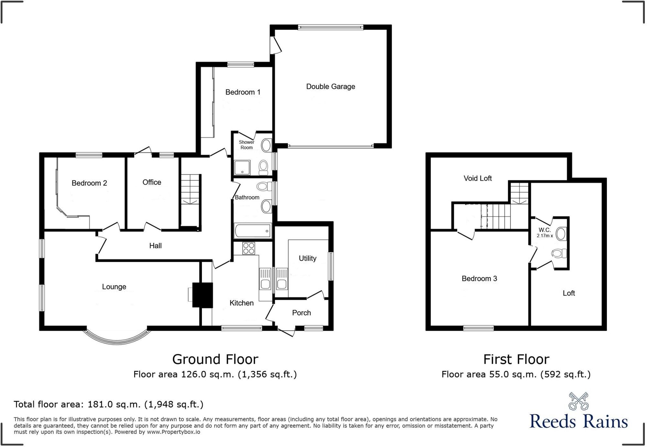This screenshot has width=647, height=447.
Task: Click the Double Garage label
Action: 331,86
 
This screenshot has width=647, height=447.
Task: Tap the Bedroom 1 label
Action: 243,92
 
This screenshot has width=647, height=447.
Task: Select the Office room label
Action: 152,182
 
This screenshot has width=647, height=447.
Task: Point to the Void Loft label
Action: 477,178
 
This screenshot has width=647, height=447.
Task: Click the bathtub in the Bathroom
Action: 253,231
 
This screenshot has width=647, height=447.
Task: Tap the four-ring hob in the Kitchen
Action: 248,248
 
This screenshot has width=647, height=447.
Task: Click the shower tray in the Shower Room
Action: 242,167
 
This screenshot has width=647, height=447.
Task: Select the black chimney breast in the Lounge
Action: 203,295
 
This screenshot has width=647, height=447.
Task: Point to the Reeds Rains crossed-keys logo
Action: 578,401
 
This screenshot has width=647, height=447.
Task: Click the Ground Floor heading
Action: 215,359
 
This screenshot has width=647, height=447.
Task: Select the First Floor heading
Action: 516,359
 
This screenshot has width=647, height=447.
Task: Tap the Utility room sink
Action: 281,279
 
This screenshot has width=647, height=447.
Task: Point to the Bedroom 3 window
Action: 478,328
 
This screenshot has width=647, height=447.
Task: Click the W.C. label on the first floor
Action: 544,230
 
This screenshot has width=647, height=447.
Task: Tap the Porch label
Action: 302,313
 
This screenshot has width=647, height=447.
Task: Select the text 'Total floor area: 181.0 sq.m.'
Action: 77,404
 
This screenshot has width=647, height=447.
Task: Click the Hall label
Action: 155,246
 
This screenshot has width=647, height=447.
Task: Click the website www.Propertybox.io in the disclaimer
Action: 173,432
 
